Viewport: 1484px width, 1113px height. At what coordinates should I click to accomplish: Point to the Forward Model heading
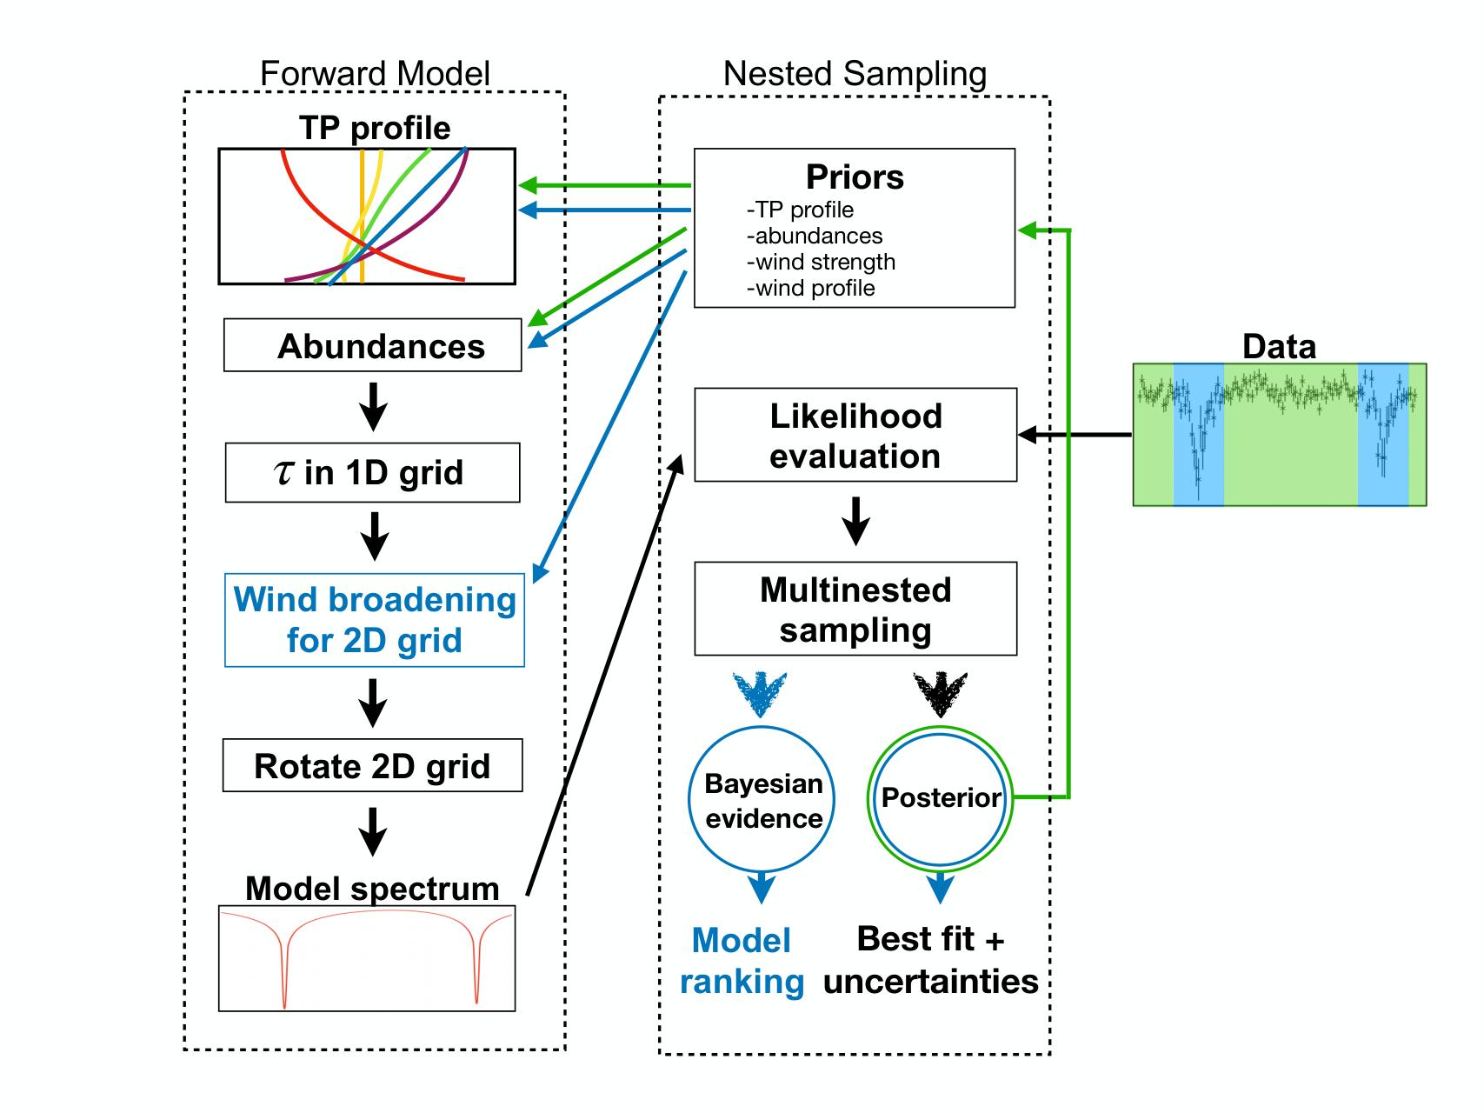(x=375, y=74)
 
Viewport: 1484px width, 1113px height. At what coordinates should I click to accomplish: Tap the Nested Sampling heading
(x=855, y=75)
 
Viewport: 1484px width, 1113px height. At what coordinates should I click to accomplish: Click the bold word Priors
(x=855, y=177)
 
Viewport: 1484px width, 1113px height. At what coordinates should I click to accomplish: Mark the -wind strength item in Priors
(x=822, y=262)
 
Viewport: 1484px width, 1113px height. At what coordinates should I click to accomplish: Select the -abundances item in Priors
(x=815, y=236)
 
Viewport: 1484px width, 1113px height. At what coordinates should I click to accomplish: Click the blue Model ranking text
(x=742, y=961)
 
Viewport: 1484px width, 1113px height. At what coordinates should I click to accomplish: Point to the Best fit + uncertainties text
(x=931, y=960)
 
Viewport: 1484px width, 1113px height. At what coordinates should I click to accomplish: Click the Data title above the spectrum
(x=1279, y=346)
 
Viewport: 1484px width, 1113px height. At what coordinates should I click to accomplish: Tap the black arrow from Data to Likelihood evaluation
(x=1075, y=435)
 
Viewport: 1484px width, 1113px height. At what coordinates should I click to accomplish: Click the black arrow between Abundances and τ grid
(x=374, y=407)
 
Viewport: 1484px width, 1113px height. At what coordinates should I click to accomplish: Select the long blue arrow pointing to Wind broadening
(x=610, y=426)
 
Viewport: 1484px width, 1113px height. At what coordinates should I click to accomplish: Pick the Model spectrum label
(x=373, y=889)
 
